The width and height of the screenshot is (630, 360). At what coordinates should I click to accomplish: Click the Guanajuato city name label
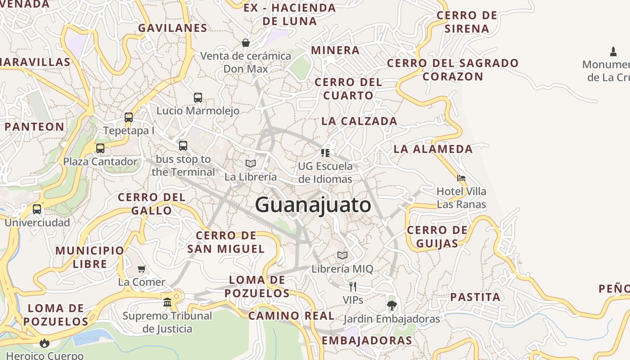point(313,205)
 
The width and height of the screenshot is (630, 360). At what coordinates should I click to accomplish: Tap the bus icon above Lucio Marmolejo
point(198,97)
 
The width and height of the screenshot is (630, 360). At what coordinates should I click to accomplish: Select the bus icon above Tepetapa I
point(129,117)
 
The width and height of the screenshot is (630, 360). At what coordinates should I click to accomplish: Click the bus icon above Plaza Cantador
point(100,148)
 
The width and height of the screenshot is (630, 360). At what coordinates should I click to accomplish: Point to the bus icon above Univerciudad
point(37,209)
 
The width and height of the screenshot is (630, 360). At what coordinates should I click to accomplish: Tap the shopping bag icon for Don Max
point(246,43)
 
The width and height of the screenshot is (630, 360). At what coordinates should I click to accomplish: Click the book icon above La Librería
point(251,163)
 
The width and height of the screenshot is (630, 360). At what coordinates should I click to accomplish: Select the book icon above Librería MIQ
point(342,256)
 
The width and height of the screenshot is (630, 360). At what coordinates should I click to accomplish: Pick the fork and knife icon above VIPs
point(353,286)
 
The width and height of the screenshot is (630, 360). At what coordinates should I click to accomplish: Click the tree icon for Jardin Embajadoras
point(391,306)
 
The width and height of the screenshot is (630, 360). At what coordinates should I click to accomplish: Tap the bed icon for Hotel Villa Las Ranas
point(461,178)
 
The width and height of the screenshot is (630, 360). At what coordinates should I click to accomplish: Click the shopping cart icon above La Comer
point(142,269)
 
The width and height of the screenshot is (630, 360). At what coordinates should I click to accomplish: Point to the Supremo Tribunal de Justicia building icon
point(167,302)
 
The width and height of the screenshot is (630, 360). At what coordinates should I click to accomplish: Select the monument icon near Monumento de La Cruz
point(613,51)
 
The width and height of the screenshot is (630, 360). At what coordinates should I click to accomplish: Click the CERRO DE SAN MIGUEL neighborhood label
point(226,242)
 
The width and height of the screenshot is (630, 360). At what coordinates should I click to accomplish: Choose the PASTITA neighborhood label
point(475,297)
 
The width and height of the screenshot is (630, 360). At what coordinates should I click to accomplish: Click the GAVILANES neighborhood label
point(173,28)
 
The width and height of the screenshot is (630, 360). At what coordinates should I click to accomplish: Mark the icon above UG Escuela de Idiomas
point(325,153)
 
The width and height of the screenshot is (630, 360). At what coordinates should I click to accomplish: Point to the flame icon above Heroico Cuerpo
point(44,343)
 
